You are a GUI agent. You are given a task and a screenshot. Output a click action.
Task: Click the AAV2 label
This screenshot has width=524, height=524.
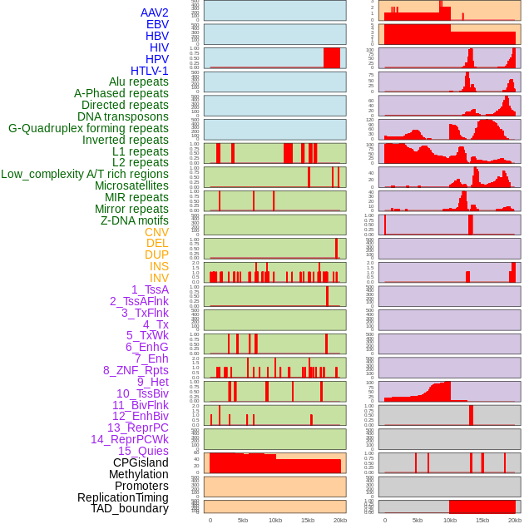coord(155,12)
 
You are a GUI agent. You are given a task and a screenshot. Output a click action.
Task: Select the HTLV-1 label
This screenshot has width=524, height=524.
coord(150,71)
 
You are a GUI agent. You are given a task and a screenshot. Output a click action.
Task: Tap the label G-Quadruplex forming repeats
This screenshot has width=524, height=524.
coord(88,128)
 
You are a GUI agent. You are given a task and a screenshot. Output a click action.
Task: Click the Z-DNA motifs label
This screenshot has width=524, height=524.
coord(135,220)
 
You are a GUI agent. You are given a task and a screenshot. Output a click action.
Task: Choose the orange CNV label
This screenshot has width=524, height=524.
coord(156,232)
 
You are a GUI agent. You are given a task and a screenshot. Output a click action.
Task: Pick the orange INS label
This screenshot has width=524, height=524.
coord(159,266)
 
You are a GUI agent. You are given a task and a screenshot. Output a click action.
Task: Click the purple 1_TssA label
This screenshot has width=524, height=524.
coord(150,289)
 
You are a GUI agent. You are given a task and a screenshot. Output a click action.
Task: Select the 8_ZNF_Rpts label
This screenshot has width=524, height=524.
coord(136,370)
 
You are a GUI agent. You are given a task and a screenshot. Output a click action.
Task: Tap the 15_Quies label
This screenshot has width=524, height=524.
coord(143,451)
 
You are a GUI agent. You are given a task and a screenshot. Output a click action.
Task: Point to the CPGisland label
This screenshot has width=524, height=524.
coord(141,462)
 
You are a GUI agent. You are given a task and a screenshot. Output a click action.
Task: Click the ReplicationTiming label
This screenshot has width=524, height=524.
coord(123,497)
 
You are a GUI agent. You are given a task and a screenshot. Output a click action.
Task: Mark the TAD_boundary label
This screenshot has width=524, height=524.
coord(130,508)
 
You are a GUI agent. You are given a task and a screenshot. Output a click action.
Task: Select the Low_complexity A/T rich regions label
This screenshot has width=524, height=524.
coord(85,174)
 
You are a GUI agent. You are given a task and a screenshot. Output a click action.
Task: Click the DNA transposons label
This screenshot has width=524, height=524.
coord(123,116)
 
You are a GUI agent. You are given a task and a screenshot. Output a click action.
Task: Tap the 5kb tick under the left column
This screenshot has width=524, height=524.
coord(243,520)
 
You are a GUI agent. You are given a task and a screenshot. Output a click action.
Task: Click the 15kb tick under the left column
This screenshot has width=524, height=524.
coord(308,520)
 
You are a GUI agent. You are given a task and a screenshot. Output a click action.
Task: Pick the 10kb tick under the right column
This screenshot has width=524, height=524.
coord(450,520)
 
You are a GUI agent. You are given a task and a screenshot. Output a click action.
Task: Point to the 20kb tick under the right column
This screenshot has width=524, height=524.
coord(515,520)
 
